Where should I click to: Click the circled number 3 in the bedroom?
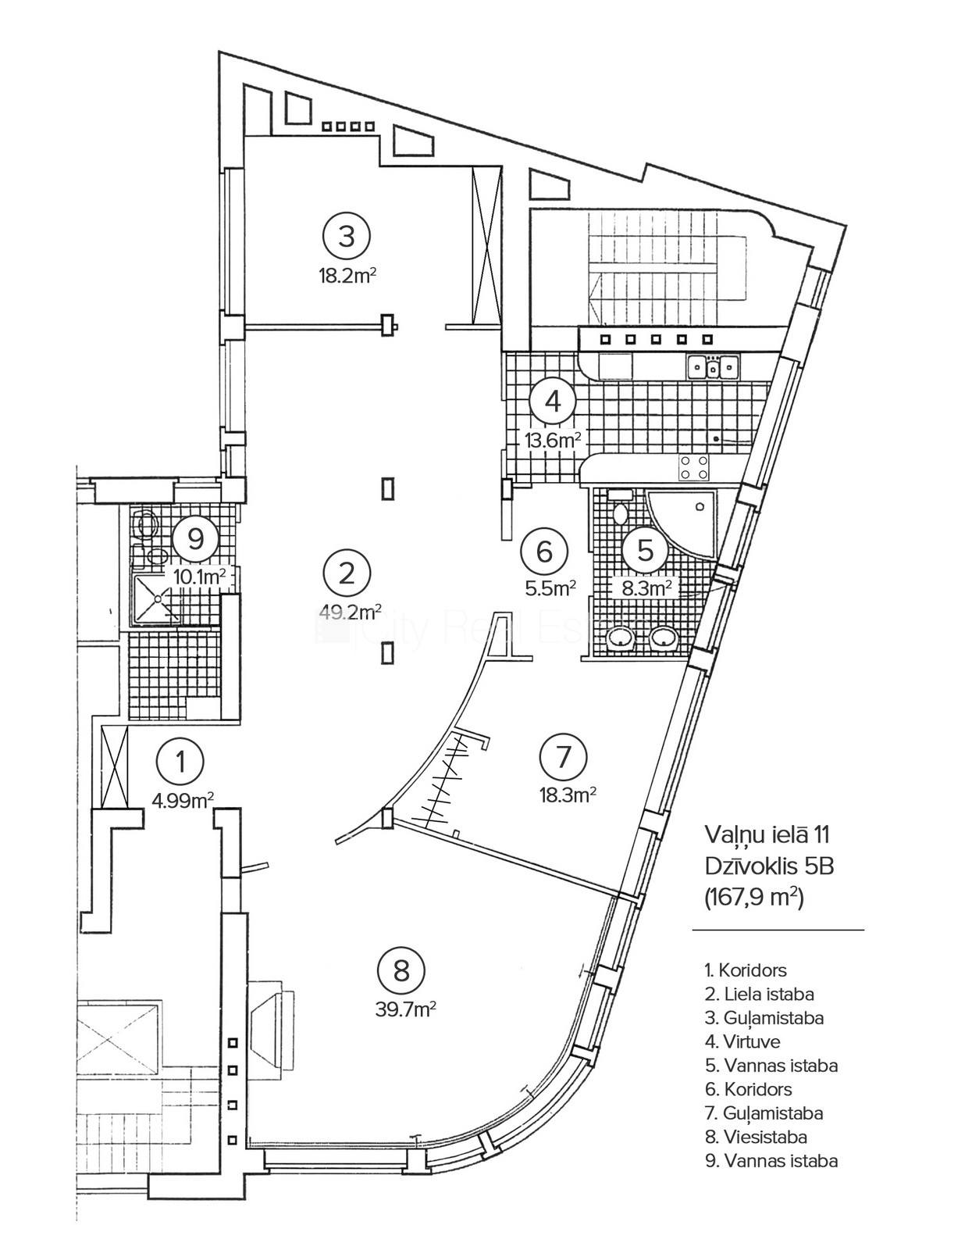coord(347,236)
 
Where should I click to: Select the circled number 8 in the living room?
coord(401,971)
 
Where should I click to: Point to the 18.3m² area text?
coord(568,795)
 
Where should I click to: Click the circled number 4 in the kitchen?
coord(553,401)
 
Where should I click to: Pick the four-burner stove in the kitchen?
coord(693,467)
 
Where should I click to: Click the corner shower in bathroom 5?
coord(687,520)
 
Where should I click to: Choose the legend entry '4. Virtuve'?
coord(742,1041)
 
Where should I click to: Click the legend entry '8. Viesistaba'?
coord(756,1137)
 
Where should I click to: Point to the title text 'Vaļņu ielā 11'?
coord(767,834)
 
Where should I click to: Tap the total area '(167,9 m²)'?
coord(754,897)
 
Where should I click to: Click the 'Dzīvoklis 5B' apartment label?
coord(770,866)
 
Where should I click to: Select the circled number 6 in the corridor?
coord(545,551)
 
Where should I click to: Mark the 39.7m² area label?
coord(405,1009)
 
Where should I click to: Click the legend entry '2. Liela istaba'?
coord(759,994)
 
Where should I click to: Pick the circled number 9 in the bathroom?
coord(196,538)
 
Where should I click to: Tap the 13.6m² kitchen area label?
coord(553,440)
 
